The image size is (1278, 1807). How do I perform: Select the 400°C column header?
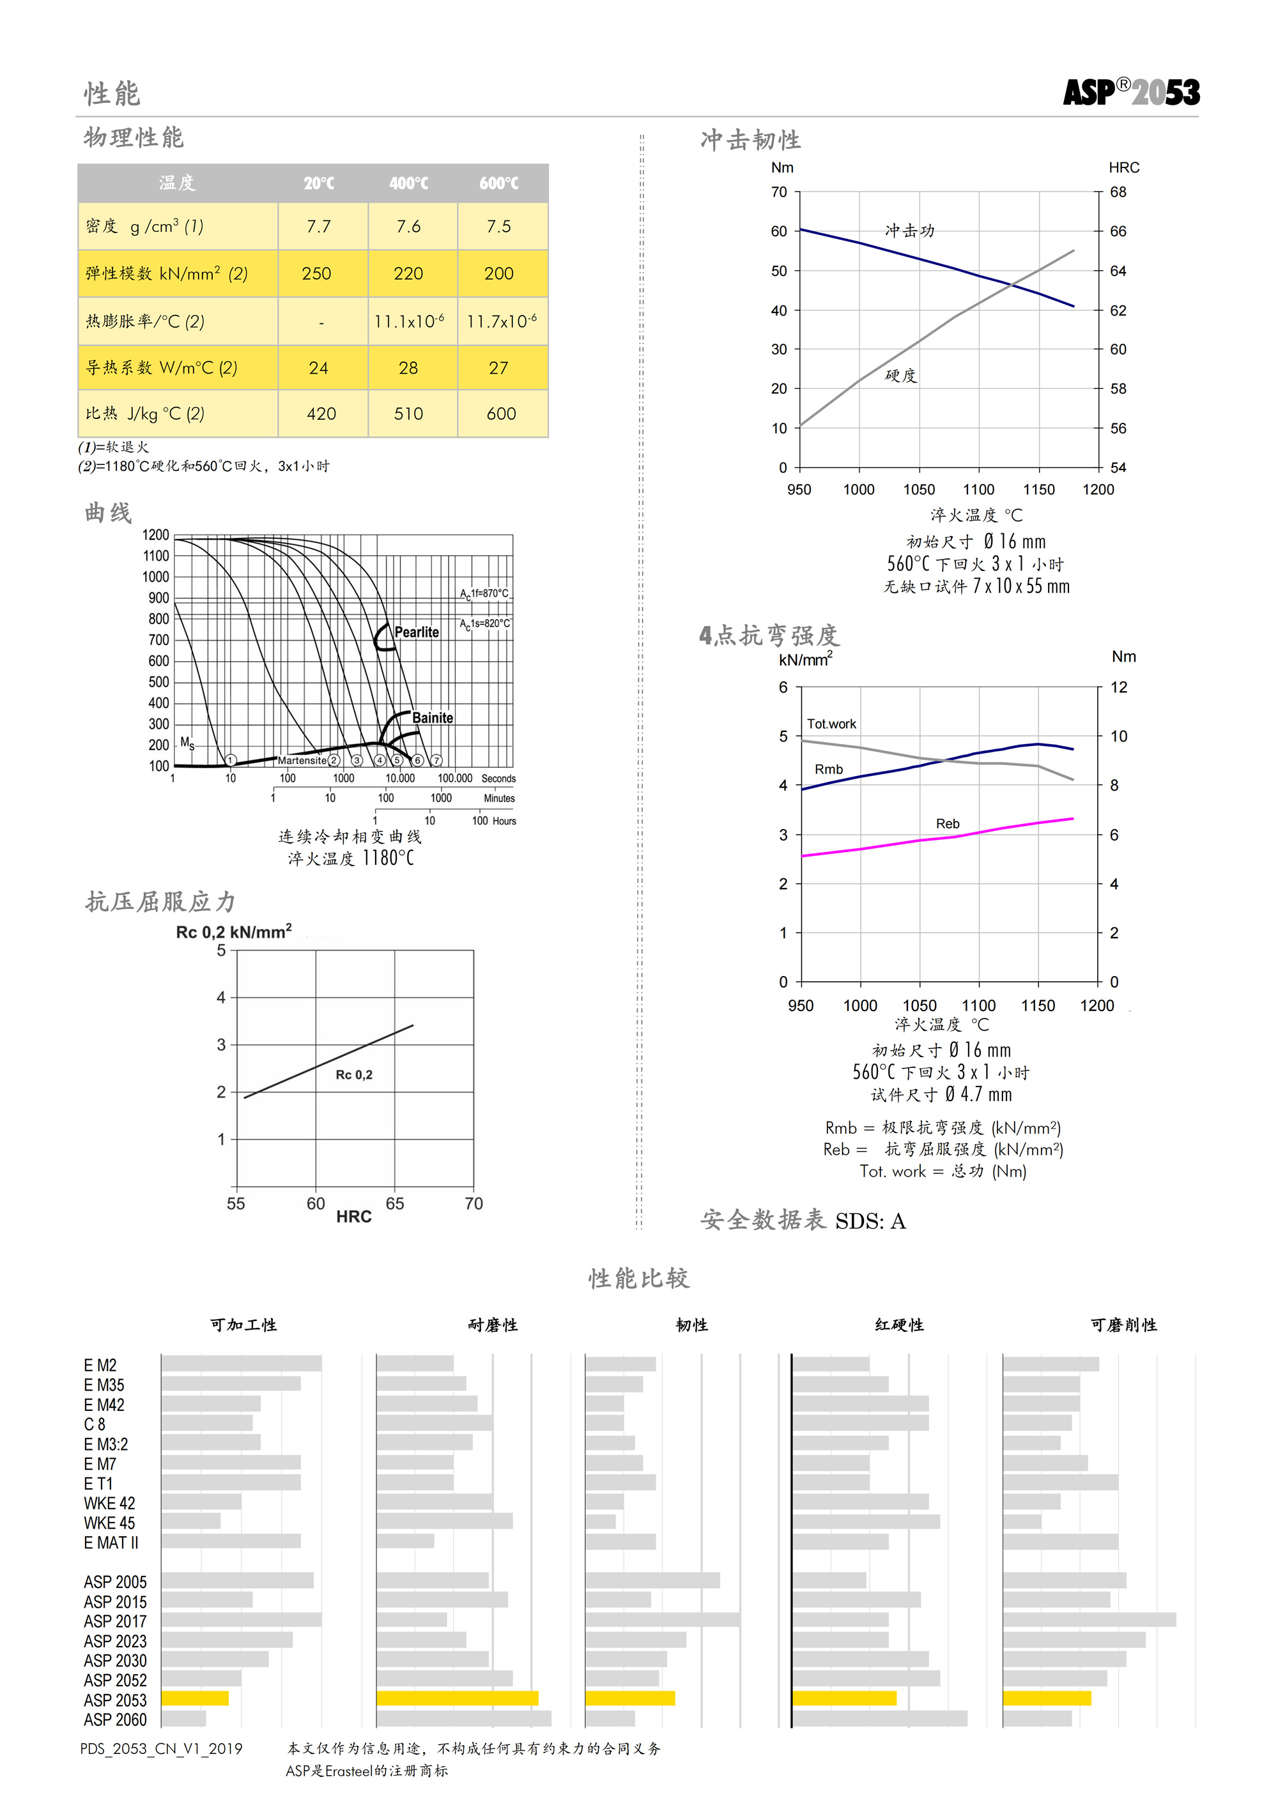coord(409,183)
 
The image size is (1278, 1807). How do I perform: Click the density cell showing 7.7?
coord(319,227)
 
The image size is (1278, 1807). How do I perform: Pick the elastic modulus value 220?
coord(409,274)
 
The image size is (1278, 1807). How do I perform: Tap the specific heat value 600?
coord(501,414)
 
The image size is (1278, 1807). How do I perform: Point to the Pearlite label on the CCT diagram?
coord(417,632)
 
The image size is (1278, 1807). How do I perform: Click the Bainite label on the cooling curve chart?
coord(433,718)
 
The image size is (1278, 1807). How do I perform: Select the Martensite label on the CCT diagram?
coord(302,760)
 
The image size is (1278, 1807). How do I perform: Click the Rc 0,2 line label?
coord(355,1075)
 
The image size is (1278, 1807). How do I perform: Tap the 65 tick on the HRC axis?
coord(394,1203)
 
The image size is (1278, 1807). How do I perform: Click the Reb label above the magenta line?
coord(947,824)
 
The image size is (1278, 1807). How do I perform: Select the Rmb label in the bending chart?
coord(828,770)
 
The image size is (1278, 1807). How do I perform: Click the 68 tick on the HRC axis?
coord(1118,192)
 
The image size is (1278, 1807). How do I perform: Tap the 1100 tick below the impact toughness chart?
coord(979,489)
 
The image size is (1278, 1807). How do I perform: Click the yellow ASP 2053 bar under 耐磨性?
coord(458,1698)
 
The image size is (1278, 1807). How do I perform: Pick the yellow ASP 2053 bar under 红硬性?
coord(844,1698)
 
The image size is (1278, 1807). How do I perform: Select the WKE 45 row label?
coord(109,1523)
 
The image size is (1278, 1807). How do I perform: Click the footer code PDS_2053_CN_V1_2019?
coord(162,1749)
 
